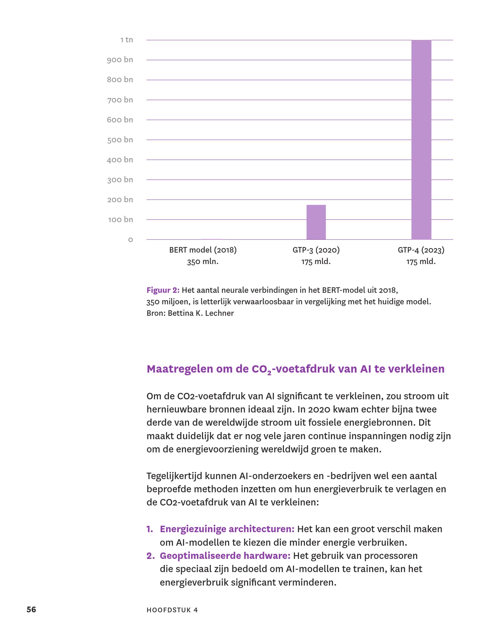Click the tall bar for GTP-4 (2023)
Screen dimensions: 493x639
tap(421, 140)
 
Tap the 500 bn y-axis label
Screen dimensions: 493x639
tap(120, 140)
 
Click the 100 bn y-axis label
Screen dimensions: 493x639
tap(120, 220)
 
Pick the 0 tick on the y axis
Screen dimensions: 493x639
tap(131, 240)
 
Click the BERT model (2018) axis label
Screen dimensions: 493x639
tap(203, 250)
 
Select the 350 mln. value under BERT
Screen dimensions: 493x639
tap(203, 262)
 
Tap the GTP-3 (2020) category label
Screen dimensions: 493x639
tap(316, 250)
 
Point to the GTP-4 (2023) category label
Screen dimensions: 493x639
tap(421, 250)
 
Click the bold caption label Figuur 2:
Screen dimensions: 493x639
tap(163, 290)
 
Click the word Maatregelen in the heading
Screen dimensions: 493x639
tap(180, 369)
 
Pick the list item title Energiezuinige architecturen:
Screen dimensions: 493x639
tap(227, 529)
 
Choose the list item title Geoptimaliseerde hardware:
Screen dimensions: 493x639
tap(225, 555)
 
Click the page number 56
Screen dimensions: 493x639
tap(31, 609)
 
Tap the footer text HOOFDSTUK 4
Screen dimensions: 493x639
tap(172, 610)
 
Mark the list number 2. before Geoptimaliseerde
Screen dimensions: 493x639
tap(150, 555)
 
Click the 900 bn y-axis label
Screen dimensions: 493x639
tap(120, 60)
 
